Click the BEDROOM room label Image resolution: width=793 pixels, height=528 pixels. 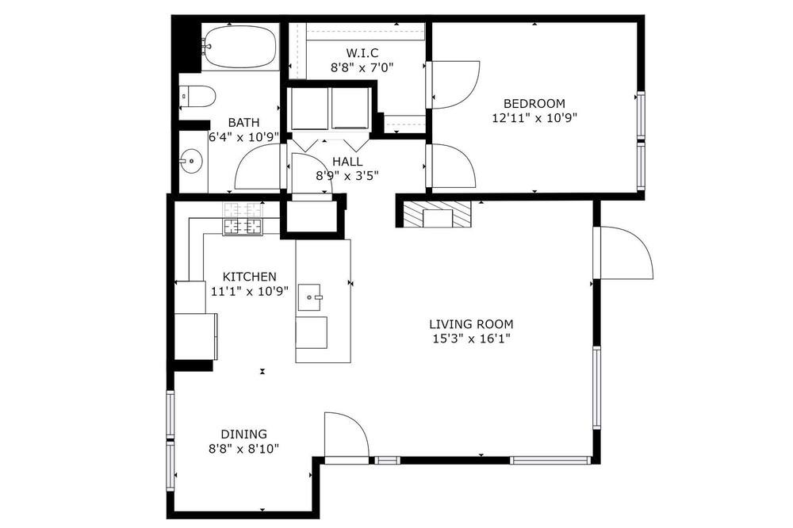click(534, 104)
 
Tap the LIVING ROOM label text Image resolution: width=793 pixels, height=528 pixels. click(471, 324)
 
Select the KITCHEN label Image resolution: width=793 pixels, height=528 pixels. click(249, 277)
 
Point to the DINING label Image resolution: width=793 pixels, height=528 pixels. click(243, 434)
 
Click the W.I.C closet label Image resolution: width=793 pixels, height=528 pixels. click(362, 52)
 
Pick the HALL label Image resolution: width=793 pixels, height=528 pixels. click(347, 162)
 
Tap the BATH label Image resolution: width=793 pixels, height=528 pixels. click(243, 122)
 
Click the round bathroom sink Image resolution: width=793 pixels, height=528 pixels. click(191, 162)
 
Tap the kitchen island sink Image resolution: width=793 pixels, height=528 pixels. click(310, 297)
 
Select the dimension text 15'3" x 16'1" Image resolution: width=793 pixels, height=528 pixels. click(471, 339)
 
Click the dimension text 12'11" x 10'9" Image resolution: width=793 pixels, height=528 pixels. click(534, 118)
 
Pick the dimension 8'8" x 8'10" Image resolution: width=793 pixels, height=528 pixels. click(243, 449)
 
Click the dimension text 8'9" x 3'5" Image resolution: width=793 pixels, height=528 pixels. click(347, 176)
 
